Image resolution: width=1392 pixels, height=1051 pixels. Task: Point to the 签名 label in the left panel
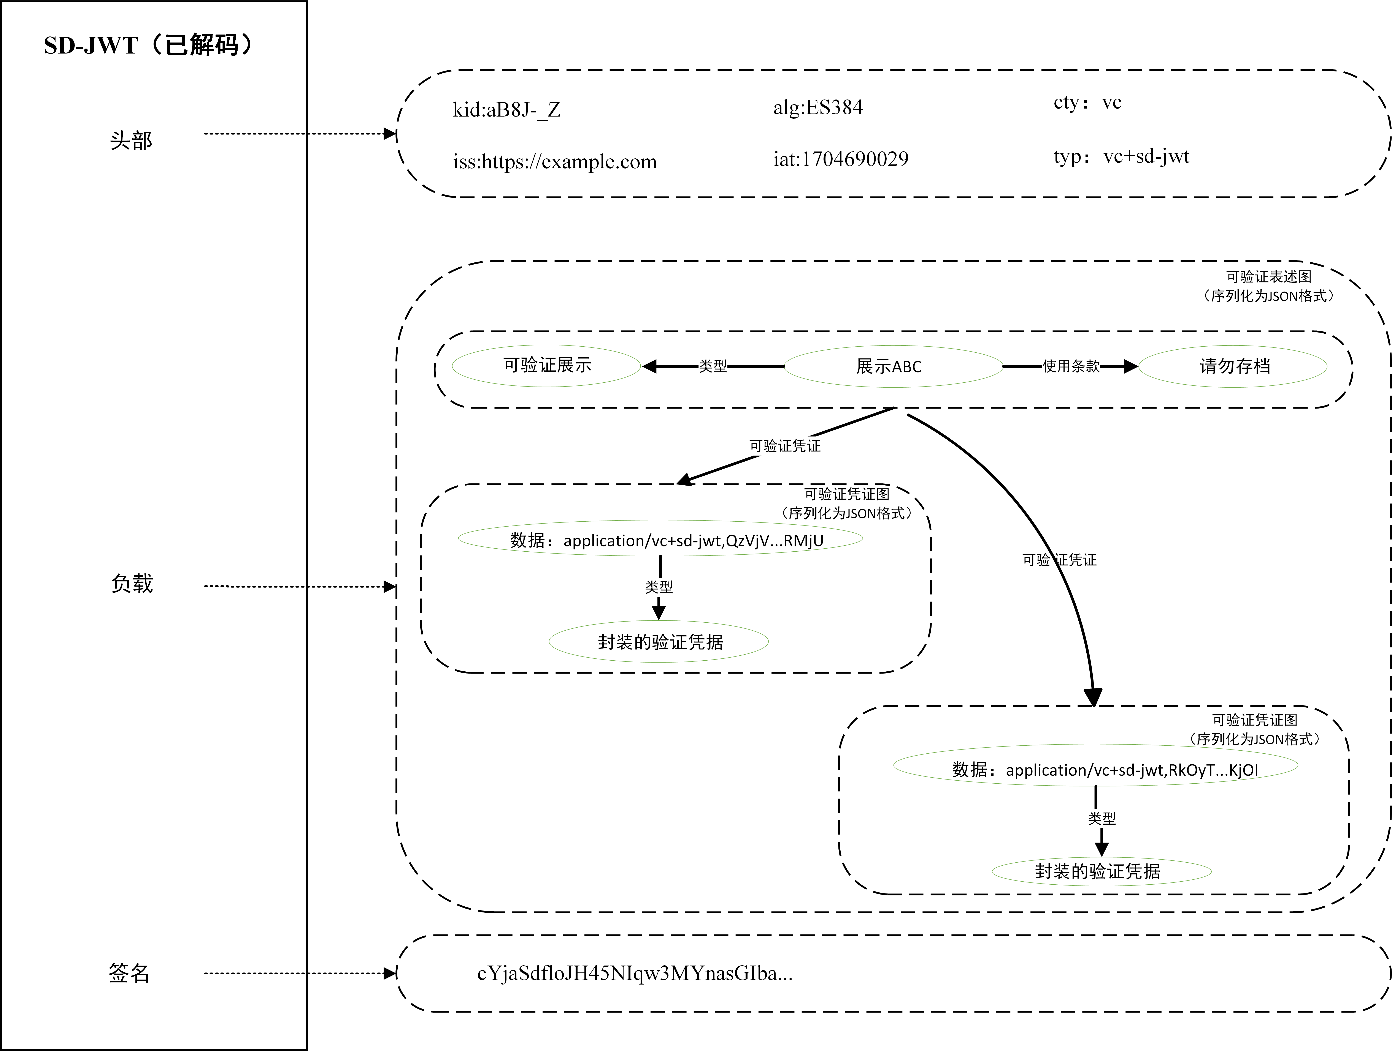(x=129, y=973)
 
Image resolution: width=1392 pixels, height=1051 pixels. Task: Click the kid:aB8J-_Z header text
(x=506, y=110)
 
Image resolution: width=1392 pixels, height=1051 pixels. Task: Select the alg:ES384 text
(x=817, y=107)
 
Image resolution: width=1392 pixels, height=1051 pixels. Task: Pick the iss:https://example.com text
(x=554, y=162)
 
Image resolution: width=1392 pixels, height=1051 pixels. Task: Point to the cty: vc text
(x=1087, y=103)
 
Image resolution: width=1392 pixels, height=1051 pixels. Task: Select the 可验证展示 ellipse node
(x=546, y=365)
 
